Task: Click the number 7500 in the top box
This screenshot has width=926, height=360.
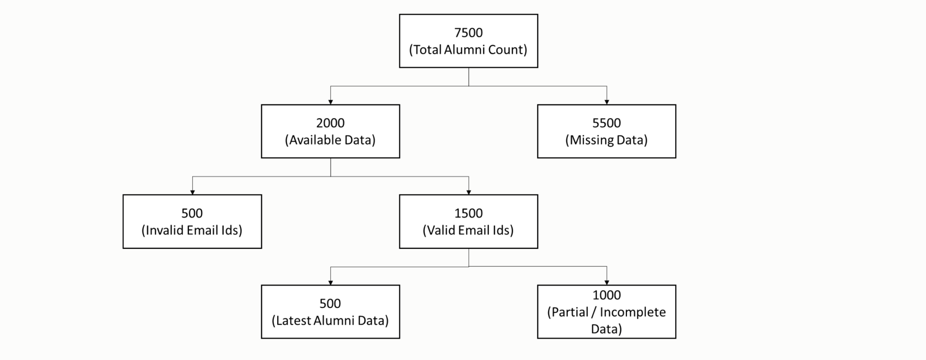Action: click(468, 33)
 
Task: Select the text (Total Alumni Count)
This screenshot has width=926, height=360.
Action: click(468, 50)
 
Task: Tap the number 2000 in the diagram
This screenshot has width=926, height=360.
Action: click(330, 123)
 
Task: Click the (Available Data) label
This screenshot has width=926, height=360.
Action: click(330, 140)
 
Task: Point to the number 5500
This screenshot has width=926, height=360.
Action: click(606, 123)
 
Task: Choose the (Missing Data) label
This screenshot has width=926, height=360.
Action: click(606, 140)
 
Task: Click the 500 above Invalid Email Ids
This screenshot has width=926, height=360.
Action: click(192, 213)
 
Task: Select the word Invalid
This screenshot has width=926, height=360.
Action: click(165, 230)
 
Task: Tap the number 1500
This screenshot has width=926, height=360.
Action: click(468, 213)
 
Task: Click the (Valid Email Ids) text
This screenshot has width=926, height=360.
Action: click(468, 230)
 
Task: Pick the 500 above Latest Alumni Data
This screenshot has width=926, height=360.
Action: click(330, 303)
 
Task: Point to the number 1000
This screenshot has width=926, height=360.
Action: click(606, 295)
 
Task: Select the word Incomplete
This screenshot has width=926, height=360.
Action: click(633, 312)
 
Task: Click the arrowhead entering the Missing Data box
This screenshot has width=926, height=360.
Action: click(606, 102)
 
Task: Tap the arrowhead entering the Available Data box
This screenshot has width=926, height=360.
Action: click(331, 102)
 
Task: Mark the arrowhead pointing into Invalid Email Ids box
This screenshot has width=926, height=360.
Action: click(192, 192)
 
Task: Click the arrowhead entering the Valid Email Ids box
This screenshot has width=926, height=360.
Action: click(468, 192)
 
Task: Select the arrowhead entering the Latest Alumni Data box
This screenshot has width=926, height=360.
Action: click(331, 283)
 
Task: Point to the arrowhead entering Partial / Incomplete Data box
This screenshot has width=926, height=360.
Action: click(606, 283)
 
